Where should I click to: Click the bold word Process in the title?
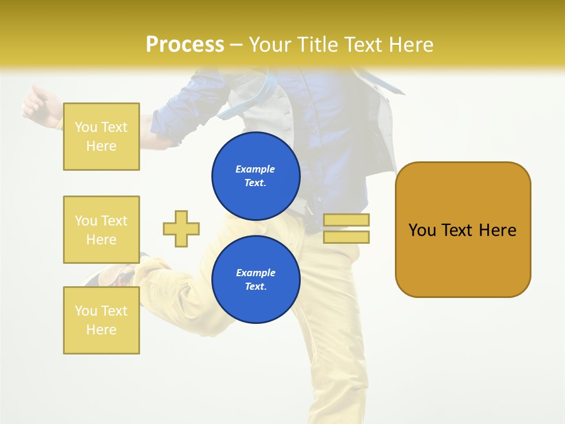point(185,45)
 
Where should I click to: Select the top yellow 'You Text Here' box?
point(101,137)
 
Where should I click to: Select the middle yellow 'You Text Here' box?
point(101,230)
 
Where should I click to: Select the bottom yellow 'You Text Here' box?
point(101,320)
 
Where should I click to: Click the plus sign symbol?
point(181,228)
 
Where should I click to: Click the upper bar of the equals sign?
point(346,220)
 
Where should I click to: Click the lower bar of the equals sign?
point(346,237)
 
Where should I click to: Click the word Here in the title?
point(412,45)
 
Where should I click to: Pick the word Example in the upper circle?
point(255,169)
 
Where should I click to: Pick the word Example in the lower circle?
point(255,273)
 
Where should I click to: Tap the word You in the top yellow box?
point(86,127)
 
